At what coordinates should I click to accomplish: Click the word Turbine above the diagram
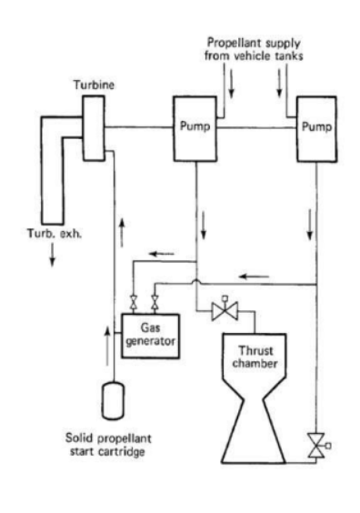click(x=91, y=84)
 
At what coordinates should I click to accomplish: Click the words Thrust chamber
click(x=250, y=357)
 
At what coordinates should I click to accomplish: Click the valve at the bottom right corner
click(x=317, y=447)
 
